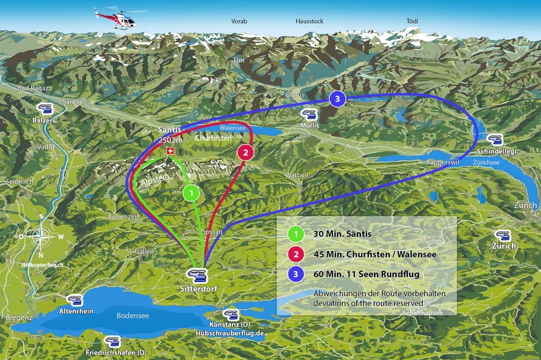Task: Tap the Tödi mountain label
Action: tap(412, 21)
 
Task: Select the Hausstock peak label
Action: tap(309, 21)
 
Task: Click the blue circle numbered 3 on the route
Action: tap(337, 99)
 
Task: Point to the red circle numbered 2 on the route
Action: tap(246, 152)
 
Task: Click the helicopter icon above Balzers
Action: tap(45, 109)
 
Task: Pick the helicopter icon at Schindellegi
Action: tap(495, 140)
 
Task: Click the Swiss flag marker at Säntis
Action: tap(171, 152)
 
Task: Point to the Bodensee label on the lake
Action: tap(133, 315)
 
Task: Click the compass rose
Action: tap(40, 237)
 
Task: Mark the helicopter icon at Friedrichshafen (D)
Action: tap(112, 342)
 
